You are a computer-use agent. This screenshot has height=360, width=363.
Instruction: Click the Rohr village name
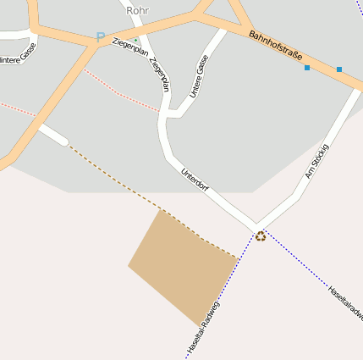coord(137,10)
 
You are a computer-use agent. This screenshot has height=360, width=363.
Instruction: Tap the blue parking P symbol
coord(101,37)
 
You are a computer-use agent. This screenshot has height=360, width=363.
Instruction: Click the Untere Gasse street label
coord(200,76)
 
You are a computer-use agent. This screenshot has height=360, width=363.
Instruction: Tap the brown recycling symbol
coord(261,235)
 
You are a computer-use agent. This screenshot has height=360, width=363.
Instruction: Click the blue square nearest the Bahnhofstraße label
coord(307,67)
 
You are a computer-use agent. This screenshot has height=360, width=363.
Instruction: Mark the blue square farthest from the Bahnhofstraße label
coord(339,69)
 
